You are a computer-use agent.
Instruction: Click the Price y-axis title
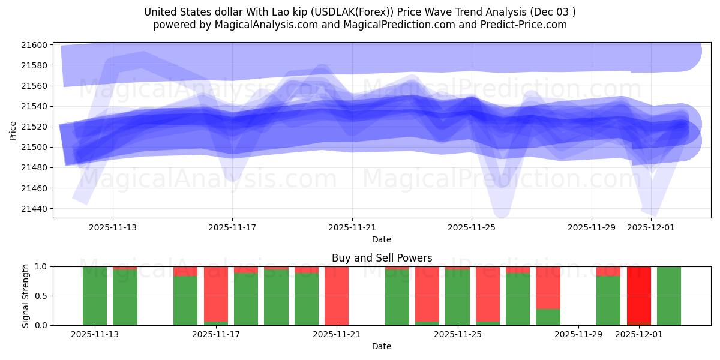click(13, 130)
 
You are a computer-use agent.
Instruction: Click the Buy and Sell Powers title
click(382, 258)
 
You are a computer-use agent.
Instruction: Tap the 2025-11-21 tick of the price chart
click(352, 227)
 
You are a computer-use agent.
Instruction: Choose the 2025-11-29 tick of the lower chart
click(578, 334)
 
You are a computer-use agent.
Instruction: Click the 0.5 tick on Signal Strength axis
click(41, 296)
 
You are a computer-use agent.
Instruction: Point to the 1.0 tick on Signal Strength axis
click(41, 266)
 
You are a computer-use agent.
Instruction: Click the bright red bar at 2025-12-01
click(638, 294)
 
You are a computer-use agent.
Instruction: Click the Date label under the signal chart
click(382, 346)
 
